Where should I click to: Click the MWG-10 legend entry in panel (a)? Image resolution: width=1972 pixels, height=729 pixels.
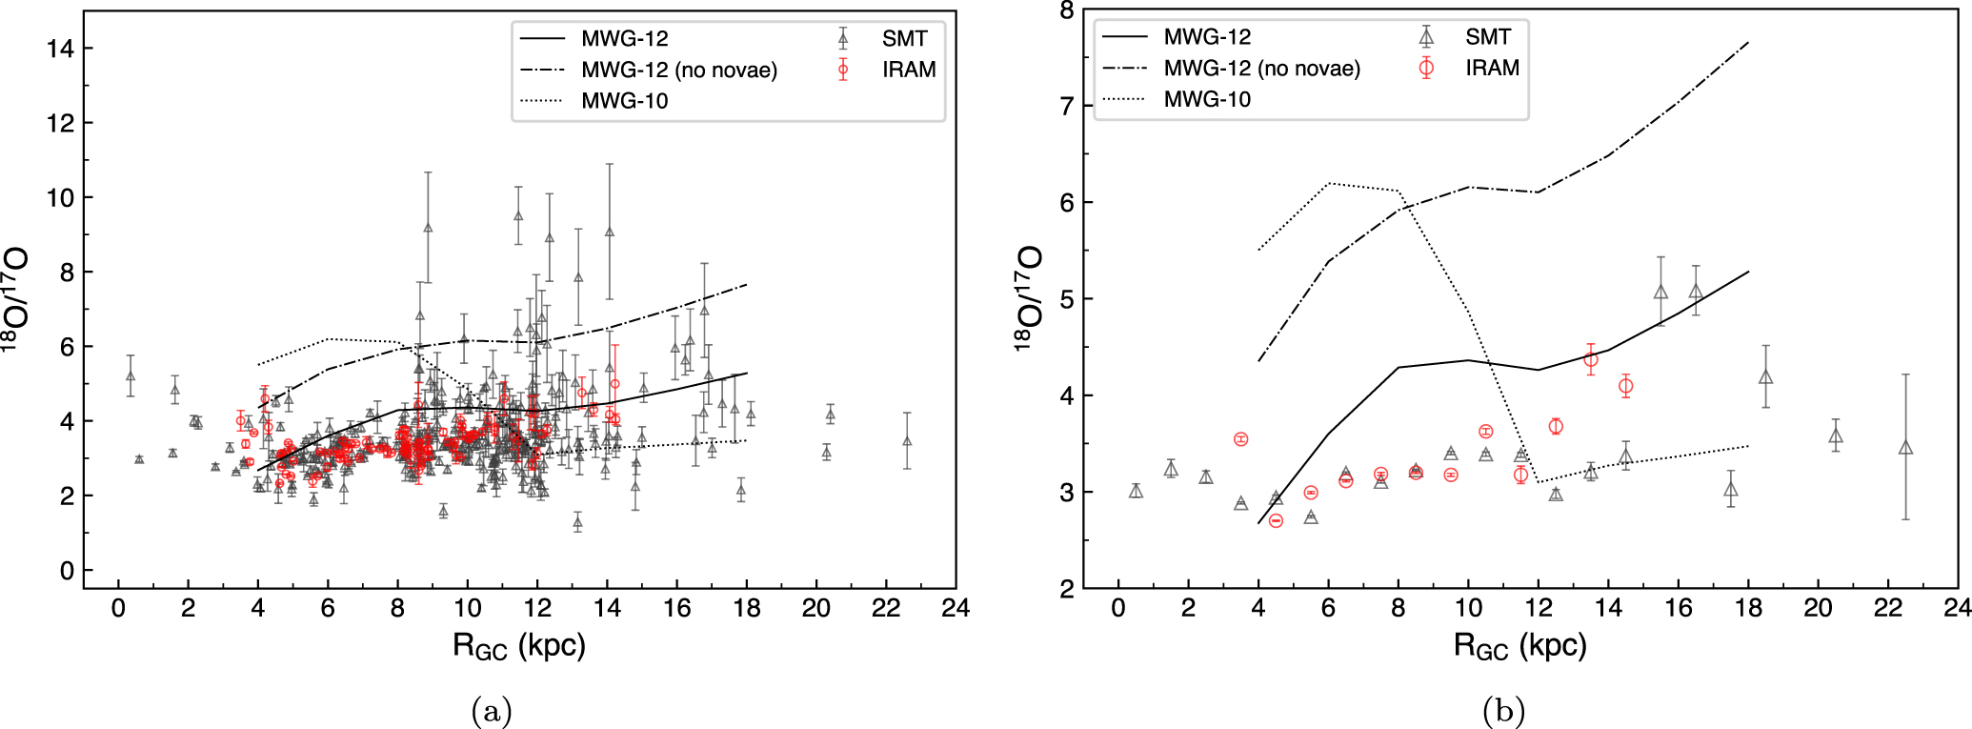pyautogui.click(x=624, y=101)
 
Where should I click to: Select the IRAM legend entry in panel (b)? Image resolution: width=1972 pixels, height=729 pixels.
pyautogui.click(x=1491, y=68)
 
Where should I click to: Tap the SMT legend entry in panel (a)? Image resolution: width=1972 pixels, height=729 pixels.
pyautogui.click(x=903, y=38)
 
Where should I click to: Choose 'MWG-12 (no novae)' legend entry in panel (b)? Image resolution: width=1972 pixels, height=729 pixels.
pyautogui.click(x=1261, y=69)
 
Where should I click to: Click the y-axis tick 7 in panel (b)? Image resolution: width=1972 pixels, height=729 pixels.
pyautogui.click(x=1065, y=107)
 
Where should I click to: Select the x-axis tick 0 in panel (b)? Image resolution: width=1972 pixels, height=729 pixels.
pyautogui.click(x=1118, y=608)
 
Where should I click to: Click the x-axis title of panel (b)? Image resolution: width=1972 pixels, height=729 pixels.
pyautogui.click(x=1519, y=646)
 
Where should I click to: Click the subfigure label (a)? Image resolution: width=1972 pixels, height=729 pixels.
pyautogui.click(x=492, y=711)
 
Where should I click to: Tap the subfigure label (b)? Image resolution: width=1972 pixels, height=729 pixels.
pyautogui.click(x=1503, y=711)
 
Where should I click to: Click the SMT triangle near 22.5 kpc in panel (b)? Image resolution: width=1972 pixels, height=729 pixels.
pyautogui.click(x=1905, y=448)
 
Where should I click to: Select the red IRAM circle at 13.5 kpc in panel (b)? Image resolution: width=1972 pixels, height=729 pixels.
pyautogui.click(x=1590, y=359)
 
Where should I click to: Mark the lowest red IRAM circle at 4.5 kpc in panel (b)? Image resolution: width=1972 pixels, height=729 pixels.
pyautogui.click(x=1276, y=520)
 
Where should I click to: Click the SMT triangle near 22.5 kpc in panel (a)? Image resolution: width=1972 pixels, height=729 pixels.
pyautogui.click(x=907, y=440)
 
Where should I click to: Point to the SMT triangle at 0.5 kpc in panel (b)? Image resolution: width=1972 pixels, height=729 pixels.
pyautogui.click(x=1136, y=491)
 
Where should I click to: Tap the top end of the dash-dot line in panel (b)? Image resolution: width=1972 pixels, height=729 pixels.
pyautogui.click(x=1748, y=42)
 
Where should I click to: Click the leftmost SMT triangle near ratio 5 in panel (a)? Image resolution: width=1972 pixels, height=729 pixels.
pyautogui.click(x=131, y=376)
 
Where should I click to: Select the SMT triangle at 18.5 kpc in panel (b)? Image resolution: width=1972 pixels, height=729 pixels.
pyautogui.click(x=1765, y=377)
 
